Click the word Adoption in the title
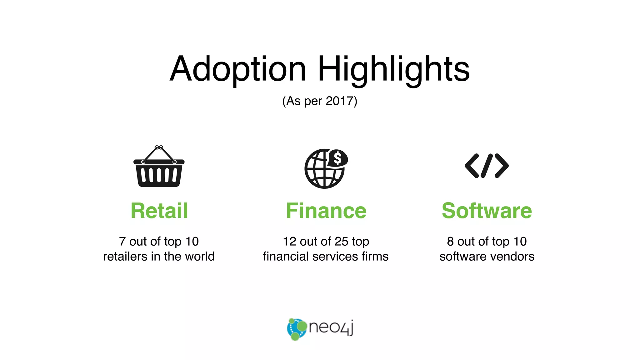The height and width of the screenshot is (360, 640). coord(237,69)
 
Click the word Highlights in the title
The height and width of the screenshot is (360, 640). coord(393,69)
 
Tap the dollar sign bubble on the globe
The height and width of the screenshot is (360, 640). coord(337,158)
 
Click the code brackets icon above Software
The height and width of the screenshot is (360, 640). coord(487,166)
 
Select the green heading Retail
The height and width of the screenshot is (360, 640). coord(159,211)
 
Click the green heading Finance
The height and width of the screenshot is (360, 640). coord(326,211)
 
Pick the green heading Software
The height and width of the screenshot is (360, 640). coord(487,211)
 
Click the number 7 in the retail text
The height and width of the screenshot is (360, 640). coord(122,242)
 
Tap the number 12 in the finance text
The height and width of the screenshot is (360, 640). coord(289,242)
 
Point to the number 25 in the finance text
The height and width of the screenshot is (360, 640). coord(341,242)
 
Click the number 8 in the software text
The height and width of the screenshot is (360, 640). coord(450,242)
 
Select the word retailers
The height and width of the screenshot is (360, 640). coord(125,257)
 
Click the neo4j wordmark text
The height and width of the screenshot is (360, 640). coord(331,327)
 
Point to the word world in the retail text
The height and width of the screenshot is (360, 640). coord(200,257)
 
